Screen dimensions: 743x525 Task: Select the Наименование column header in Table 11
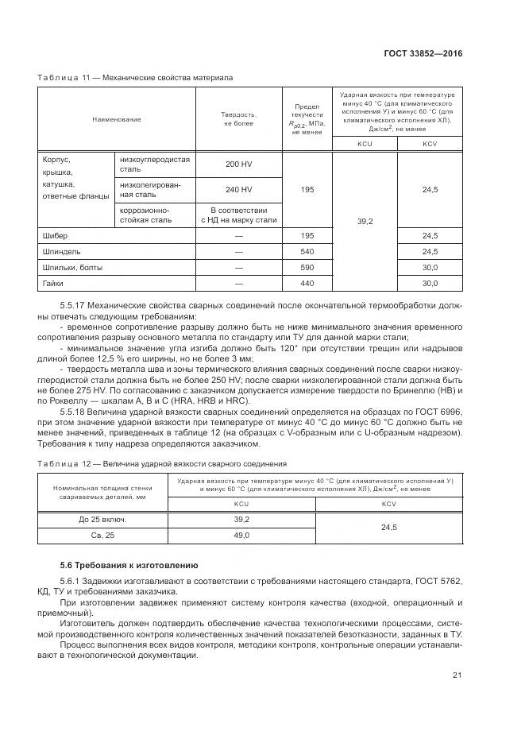pos(117,119)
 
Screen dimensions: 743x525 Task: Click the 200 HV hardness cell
pos(238,164)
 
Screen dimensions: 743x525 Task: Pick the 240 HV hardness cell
pos(238,190)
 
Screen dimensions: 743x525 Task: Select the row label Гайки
pos(53,283)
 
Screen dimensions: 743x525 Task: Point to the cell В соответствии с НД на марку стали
pos(238,215)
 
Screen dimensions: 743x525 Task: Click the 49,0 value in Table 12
pos(242,536)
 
